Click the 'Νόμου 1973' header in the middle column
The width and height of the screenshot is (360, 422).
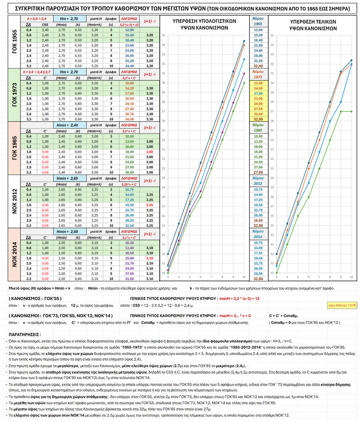(x=258, y=74)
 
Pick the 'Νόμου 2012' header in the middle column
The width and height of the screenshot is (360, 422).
(x=258, y=182)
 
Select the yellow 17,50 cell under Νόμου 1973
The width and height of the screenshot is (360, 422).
(x=258, y=93)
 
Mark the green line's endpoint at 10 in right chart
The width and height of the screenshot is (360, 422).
(x=353, y=112)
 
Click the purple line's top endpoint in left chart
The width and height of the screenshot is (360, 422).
(x=244, y=73)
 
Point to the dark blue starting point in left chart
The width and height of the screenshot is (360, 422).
(x=167, y=254)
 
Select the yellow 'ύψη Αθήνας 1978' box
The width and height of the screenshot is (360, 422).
(x=342, y=305)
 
